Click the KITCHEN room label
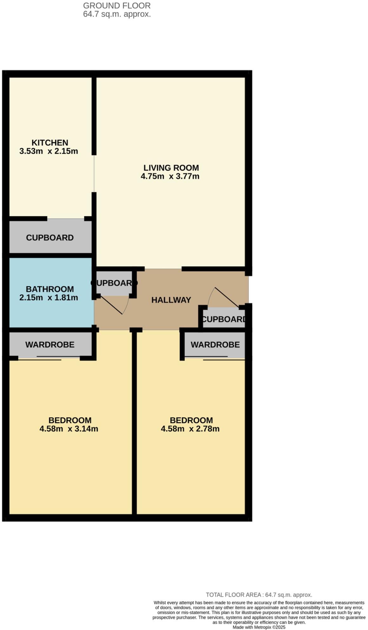click(50, 143)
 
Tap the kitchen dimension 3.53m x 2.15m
click(49, 151)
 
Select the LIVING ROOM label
click(171, 168)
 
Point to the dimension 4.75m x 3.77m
click(170, 176)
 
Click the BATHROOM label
click(50, 289)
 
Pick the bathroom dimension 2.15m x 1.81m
click(49, 298)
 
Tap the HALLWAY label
click(171, 300)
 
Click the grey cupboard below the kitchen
click(50, 237)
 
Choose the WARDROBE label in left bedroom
click(50, 345)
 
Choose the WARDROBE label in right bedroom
click(215, 345)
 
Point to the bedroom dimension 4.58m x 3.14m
click(69, 429)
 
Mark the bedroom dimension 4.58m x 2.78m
click(190, 429)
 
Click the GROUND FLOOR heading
click(117, 6)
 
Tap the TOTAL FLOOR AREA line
click(259, 595)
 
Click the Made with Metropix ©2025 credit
click(259, 627)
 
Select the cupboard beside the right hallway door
click(224, 319)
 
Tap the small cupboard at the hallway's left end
click(114, 283)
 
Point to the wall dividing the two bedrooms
click(134, 422)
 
